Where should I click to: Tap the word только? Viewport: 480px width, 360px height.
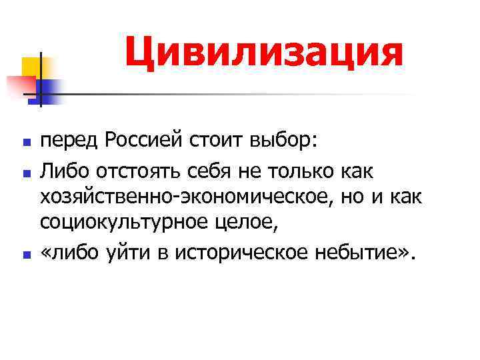(287, 172)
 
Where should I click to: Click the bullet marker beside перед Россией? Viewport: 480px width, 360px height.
(25, 143)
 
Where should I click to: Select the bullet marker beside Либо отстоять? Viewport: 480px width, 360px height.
(25, 173)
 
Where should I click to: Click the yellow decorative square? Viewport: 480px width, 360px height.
(31, 67)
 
